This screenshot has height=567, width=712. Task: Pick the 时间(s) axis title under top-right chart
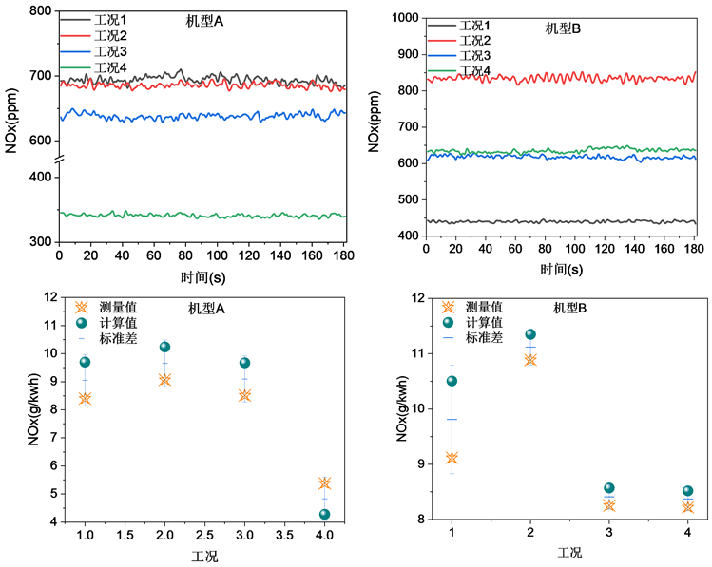click(562, 270)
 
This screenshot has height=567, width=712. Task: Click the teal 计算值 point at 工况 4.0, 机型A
click(324, 515)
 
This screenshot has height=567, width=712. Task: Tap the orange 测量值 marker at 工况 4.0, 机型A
click(324, 483)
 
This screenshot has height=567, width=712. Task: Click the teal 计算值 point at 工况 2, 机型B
click(530, 334)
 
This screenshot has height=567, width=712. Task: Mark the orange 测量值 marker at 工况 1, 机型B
click(452, 458)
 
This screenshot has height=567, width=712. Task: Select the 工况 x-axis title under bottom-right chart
click(569, 552)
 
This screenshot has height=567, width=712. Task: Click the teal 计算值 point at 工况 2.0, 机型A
click(164, 347)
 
